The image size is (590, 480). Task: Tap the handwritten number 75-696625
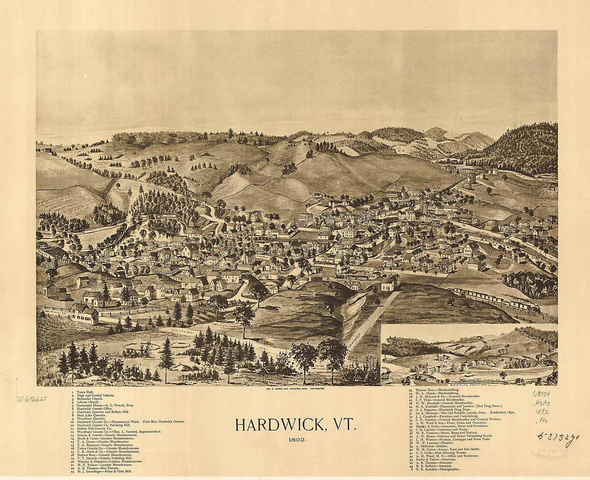coord(31,399)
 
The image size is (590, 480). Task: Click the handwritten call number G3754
coord(541,393)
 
